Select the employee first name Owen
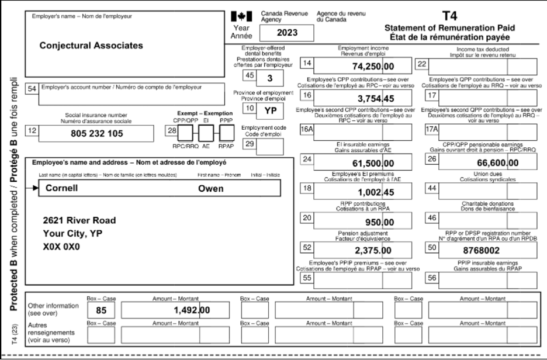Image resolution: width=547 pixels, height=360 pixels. pyautogui.click(x=211, y=189)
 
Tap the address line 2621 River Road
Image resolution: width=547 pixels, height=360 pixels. pyautogui.click(x=79, y=220)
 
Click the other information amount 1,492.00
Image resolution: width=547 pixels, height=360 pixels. pyautogui.click(x=188, y=310)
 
